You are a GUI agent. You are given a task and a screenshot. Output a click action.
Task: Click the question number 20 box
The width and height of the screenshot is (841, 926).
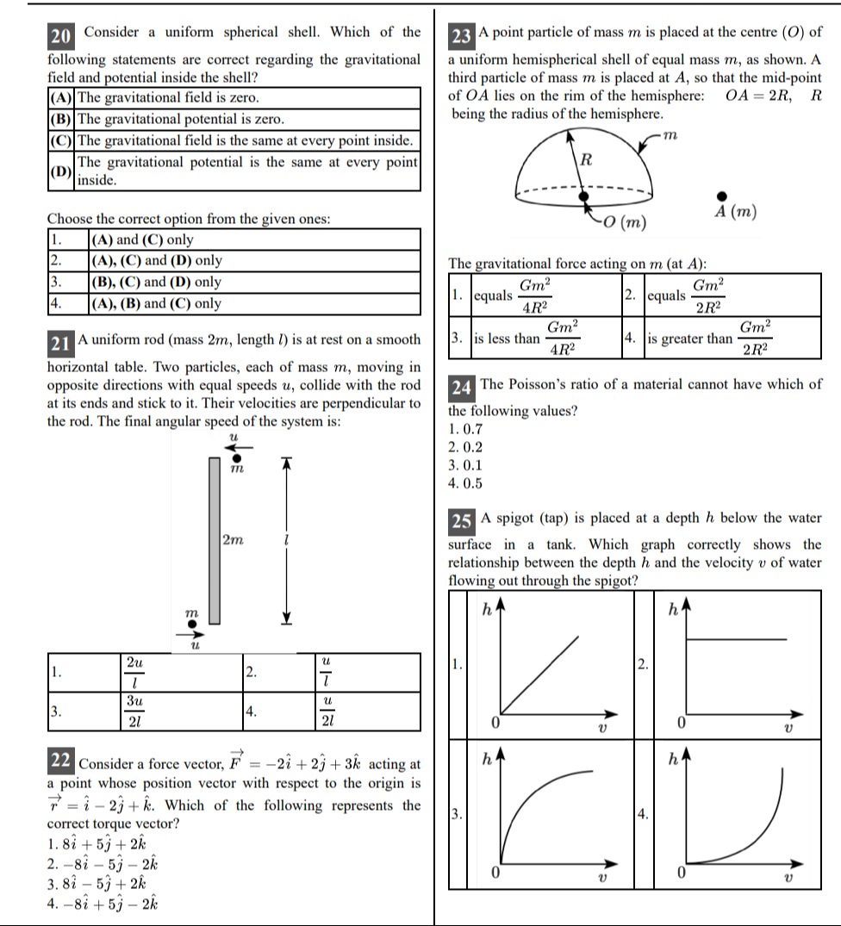pos(60,36)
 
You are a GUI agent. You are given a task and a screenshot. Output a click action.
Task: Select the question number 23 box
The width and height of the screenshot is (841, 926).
pos(461,36)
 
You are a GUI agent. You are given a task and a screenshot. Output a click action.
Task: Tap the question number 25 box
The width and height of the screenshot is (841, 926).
pos(461,520)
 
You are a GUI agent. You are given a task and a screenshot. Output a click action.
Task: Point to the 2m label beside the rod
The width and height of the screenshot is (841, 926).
pos(233,540)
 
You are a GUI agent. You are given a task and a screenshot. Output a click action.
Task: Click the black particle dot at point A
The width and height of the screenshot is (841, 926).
pos(722,197)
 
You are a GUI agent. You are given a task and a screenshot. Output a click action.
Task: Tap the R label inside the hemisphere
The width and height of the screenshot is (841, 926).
pos(587,158)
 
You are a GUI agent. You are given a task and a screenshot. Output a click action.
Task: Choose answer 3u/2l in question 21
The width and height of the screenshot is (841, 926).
pos(134,712)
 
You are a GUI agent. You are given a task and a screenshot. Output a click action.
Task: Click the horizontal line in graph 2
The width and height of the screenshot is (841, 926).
pos(734,639)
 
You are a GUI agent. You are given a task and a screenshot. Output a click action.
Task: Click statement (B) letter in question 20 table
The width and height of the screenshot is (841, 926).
pos(60,119)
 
